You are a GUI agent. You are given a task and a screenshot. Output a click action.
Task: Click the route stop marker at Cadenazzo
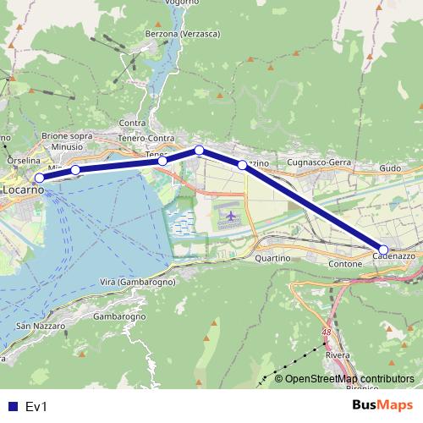click(383, 250)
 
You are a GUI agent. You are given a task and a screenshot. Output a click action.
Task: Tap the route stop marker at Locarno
click(39, 178)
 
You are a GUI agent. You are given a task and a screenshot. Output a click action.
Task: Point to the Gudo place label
click(390, 168)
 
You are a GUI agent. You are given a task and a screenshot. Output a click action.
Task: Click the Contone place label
click(344, 264)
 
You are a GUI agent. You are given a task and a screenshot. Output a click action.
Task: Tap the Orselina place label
click(23, 159)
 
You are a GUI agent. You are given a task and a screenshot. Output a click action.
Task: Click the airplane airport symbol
click(230, 217)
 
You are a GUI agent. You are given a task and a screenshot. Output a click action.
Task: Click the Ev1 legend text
click(36, 406)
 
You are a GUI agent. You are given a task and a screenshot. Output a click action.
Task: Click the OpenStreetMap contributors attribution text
click(349, 379)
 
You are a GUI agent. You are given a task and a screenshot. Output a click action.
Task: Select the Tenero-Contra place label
click(146, 138)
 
